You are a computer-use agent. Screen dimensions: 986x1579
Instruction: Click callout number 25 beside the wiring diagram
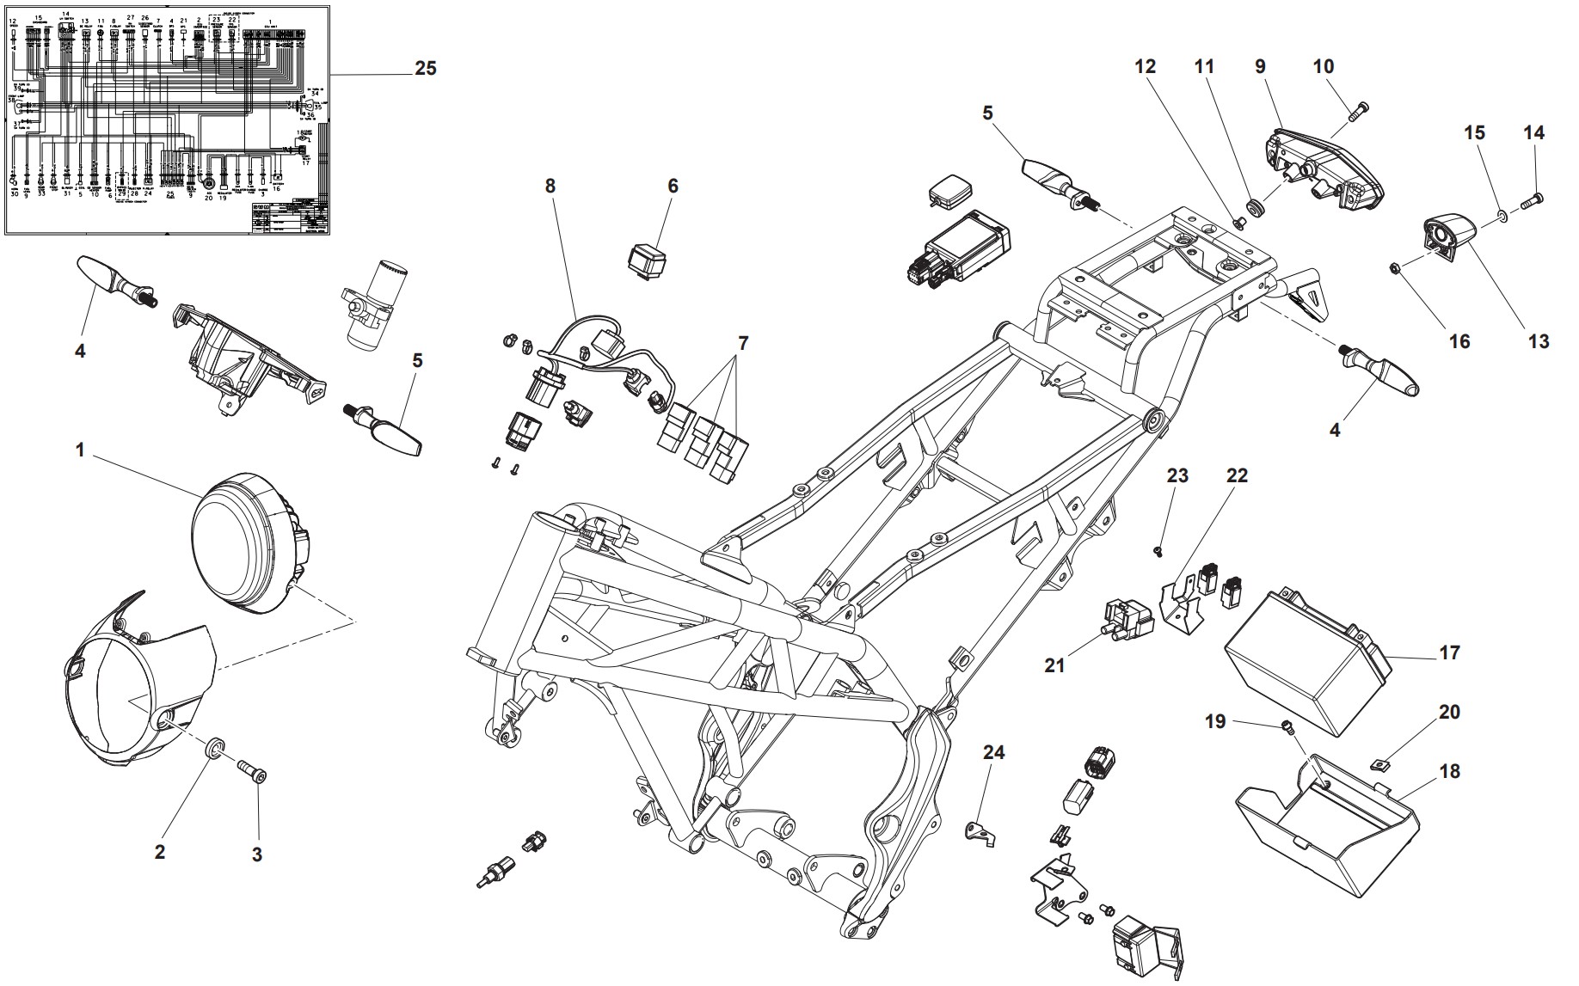[x=426, y=69]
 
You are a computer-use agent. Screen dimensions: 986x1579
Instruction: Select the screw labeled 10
[x=1358, y=110]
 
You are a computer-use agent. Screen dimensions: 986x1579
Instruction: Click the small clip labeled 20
[x=1379, y=763]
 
